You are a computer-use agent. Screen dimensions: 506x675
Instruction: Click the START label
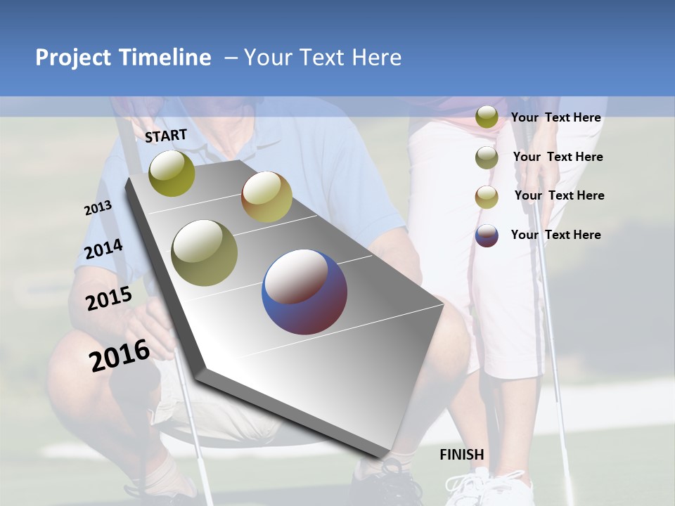[x=166, y=136]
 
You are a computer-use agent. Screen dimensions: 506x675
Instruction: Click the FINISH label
[x=462, y=455]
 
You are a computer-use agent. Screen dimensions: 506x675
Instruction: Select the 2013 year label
[x=98, y=208]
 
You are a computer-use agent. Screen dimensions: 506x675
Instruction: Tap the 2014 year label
[x=103, y=249]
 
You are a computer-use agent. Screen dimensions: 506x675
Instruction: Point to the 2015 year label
[x=108, y=299]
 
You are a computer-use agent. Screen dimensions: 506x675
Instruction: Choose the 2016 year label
[x=120, y=356]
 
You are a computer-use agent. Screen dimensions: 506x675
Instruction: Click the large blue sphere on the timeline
[x=304, y=292]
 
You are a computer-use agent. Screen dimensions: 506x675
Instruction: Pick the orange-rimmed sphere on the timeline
[x=266, y=197]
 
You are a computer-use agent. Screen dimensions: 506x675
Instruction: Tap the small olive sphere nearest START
[x=172, y=173]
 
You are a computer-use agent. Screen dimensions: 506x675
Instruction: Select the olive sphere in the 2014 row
[x=205, y=252]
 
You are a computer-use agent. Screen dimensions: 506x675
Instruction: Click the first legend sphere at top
[x=487, y=117]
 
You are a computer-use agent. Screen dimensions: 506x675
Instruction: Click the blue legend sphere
[x=487, y=235]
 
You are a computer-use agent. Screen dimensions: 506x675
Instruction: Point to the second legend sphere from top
[x=487, y=157]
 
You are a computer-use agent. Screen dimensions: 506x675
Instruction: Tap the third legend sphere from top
[x=487, y=197]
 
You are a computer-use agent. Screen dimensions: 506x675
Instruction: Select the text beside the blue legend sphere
[x=555, y=235]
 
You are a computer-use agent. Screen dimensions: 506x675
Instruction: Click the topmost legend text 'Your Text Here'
[x=555, y=117]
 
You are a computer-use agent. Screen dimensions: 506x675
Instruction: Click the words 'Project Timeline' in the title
[x=123, y=58]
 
